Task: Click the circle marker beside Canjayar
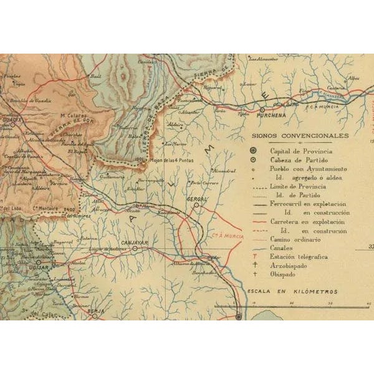[x=134, y=248]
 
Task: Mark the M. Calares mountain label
[x=73, y=115]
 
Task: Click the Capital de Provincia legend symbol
[x=253, y=151]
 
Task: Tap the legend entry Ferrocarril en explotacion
[x=308, y=204]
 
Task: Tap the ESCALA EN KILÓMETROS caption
[x=292, y=292]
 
